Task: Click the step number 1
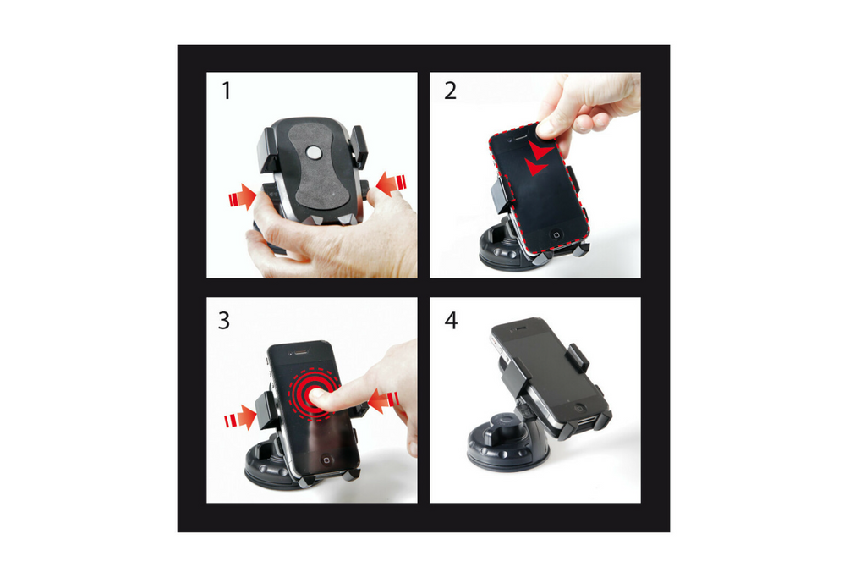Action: [x=226, y=91]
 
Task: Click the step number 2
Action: [x=450, y=91]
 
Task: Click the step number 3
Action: [x=224, y=321]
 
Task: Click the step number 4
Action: [x=451, y=322]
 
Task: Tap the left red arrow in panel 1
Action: [x=241, y=198]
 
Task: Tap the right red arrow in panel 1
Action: [x=391, y=183]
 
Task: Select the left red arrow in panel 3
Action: [x=240, y=417]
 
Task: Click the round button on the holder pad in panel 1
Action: [x=314, y=153]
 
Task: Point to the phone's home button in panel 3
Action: [x=327, y=461]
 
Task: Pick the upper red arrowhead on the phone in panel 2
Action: [x=540, y=151]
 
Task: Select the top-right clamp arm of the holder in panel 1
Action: [x=359, y=145]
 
